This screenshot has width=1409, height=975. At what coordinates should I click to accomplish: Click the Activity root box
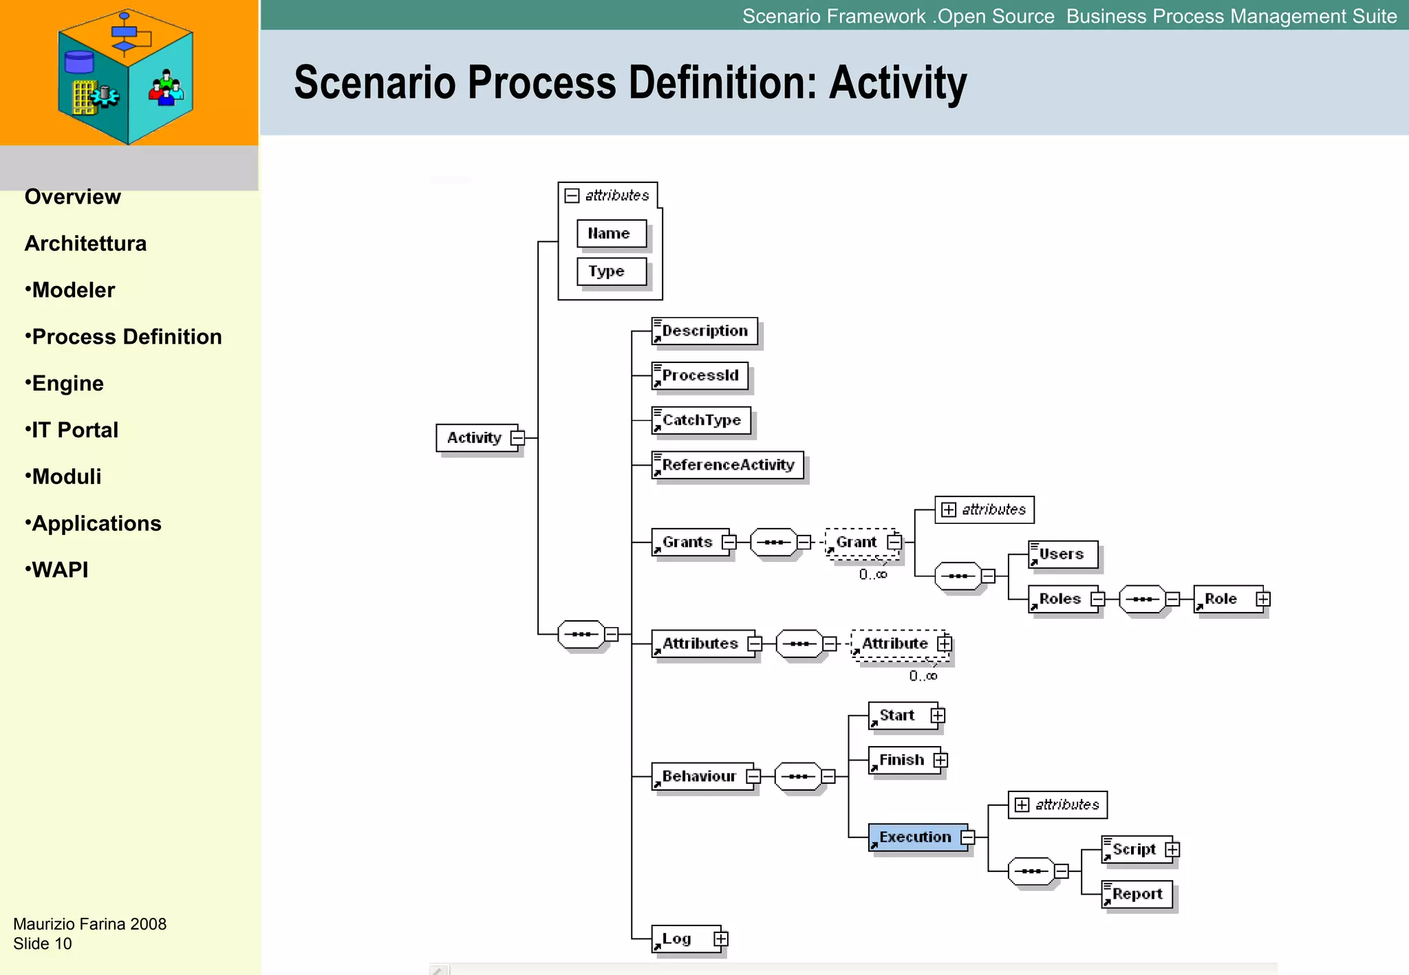pyautogui.click(x=475, y=438)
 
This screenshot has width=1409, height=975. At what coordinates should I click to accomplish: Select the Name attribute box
pyautogui.click(x=611, y=234)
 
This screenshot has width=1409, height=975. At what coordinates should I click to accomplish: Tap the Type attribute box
pyautogui.click(x=611, y=272)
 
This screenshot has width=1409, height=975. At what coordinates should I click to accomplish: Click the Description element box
pyautogui.click(x=704, y=331)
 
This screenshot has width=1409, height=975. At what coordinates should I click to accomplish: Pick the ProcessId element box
pyautogui.click(x=700, y=376)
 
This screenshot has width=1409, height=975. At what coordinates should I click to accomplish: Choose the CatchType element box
pyautogui.click(x=701, y=421)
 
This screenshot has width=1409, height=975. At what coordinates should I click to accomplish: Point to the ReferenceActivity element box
pyautogui.click(x=727, y=465)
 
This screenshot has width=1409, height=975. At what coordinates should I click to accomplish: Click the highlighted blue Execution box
pyautogui.click(x=916, y=837)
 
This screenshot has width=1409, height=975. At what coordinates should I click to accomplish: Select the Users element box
pyautogui.click(x=1062, y=554)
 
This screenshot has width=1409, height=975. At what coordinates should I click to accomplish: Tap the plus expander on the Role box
pyautogui.click(x=1262, y=600)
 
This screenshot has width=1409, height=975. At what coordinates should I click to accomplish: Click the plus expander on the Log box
pyautogui.click(x=720, y=939)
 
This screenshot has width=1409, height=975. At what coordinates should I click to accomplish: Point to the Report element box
pyautogui.click(x=1137, y=895)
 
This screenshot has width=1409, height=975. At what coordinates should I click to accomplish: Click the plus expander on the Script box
pyautogui.click(x=1172, y=850)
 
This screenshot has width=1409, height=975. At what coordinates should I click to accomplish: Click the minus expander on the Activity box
pyautogui.click(x=518, y=438)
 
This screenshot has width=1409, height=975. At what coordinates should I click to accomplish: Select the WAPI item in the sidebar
pyautogui.click(x=60, y=570)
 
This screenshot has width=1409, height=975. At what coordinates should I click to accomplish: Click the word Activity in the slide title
pyautogui.click(x=897, y=83)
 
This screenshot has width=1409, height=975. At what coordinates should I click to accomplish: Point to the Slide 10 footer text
pyautogui.click(x=43, y=944)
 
